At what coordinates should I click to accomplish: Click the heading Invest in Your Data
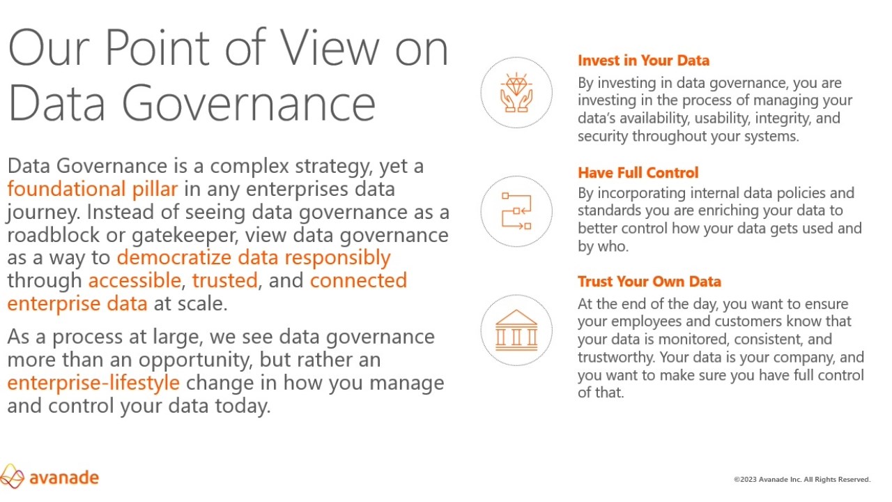click(x=643, y=61)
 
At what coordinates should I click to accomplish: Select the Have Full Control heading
click(x=638, y=172)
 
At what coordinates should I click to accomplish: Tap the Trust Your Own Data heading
click(x=649, y=281)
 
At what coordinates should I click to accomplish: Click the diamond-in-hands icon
click(x=516, y=93)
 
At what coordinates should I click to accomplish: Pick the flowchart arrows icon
click(x=516, y=211)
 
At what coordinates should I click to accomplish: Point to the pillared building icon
click(x=516, y=330)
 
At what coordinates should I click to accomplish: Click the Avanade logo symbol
click(x=12, y=476)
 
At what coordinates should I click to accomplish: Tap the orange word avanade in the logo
click(x=64, y=478)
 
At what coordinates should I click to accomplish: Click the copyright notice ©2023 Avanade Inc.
click(x=802, y=479)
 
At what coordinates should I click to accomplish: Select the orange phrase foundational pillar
click(x=93, y=189)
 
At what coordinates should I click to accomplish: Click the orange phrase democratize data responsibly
click(x=254, y=258)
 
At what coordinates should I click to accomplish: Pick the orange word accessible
click(x=135, y=280)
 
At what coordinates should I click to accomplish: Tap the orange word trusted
click(x=225, y=280)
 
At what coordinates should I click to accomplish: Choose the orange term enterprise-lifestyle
click(x=93, y=383)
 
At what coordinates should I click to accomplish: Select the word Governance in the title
click(x=249, y=102)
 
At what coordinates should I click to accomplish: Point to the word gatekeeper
click(x=185, y=236)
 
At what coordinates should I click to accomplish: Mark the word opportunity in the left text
click(x=196, y=360)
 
